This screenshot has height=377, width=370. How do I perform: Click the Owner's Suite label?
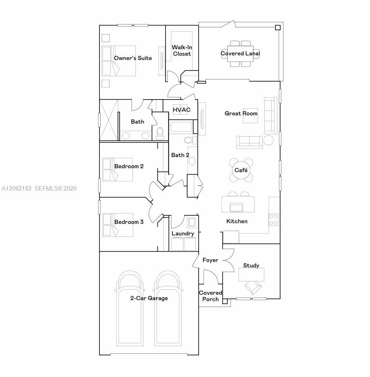tap(133, 58)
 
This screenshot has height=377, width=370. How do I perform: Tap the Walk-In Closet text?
tap(182, 50)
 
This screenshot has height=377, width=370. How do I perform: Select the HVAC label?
tap(182, 110)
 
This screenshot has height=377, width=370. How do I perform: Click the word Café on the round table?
tap(241, 170)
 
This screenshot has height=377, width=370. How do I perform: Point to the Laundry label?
tap(183, 234)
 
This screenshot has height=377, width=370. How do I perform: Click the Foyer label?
tap(210, 260)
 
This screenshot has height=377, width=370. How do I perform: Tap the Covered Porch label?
tap(211, 296)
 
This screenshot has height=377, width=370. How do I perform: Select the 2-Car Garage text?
tap(149, 298)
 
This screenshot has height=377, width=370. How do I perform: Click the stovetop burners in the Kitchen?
tap(273, 220)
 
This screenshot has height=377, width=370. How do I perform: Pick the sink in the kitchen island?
tap(236, 207)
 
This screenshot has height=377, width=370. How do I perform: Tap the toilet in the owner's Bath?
tap(160, 133)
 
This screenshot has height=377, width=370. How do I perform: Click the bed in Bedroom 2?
tap(117, 170)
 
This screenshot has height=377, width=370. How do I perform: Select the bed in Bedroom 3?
tap(118, 225)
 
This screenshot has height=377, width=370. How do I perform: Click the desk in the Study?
tap(251, 274)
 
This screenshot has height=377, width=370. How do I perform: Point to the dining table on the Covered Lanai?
tap(240, 54)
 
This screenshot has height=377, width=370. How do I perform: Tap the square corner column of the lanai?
tap(278, 28)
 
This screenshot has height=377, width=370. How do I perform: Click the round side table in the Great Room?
tap(268, 140)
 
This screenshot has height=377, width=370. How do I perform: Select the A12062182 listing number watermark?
tap(17, 188)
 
